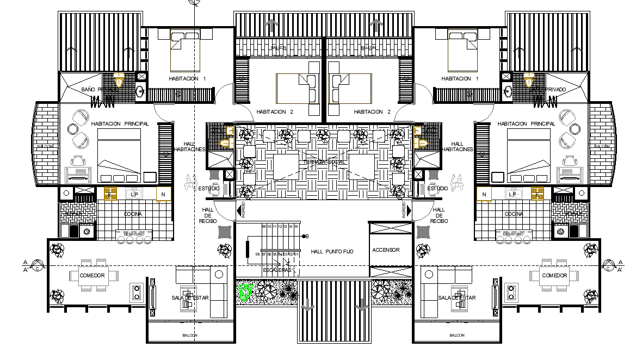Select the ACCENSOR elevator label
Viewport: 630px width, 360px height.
[386, 250]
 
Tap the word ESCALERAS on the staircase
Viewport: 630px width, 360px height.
[277, 270]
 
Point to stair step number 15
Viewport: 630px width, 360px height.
[297, 226]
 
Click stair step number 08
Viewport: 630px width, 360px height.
[257, 254]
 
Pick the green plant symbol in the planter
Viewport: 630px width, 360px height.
[245, 293]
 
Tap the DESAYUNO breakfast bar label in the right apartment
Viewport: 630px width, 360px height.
[514, 234]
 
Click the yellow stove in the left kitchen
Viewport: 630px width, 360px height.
[111, 194]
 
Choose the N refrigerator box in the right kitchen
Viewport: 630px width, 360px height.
[483, 194]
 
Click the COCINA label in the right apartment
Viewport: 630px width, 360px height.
[513, 214]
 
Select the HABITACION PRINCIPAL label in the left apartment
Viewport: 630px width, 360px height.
[120, 124]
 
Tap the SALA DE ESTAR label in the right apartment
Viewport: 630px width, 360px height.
[456, 297]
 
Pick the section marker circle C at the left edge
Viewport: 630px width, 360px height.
[36, 266]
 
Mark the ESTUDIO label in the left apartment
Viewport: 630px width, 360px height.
[208, 189]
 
